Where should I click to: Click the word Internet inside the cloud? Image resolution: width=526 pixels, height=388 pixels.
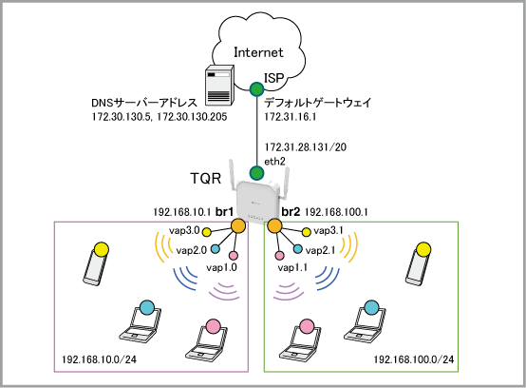tap(258, 52)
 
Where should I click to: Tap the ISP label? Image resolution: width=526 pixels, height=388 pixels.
tap(274, 78)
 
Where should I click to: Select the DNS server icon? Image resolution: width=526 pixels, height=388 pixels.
tap(219, 84)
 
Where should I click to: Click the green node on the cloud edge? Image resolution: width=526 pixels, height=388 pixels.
tap(257, 89)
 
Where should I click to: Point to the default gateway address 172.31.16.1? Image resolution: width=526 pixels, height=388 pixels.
tap(291, 117)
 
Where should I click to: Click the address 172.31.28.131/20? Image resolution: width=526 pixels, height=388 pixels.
tap(306, 147)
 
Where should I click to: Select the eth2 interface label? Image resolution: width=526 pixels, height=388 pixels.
tap(274, 162)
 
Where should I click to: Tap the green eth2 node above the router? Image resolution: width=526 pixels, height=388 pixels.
tap(256, 173)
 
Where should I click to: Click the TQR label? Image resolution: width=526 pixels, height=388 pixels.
tap(206, 178)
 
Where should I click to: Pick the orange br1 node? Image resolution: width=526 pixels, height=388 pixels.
tap(238, 225)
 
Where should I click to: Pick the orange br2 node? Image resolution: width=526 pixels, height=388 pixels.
tap(274, 225)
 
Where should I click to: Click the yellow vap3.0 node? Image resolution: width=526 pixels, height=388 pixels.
tap(207, 232)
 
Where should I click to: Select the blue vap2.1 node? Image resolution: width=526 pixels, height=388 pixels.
tap(297, 249)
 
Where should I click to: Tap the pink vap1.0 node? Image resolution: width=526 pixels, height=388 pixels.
tap(234, 256)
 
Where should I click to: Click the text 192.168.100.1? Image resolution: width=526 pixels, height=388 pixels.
tap(336, 212)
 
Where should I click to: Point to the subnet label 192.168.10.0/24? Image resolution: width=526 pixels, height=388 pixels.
tap(100, 359)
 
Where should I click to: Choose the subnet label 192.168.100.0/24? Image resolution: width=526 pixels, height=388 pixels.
tap(414, 359)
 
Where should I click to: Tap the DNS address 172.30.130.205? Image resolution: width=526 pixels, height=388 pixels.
tap(192, 117)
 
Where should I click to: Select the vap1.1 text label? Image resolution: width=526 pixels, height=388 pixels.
tap(292, 267)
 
